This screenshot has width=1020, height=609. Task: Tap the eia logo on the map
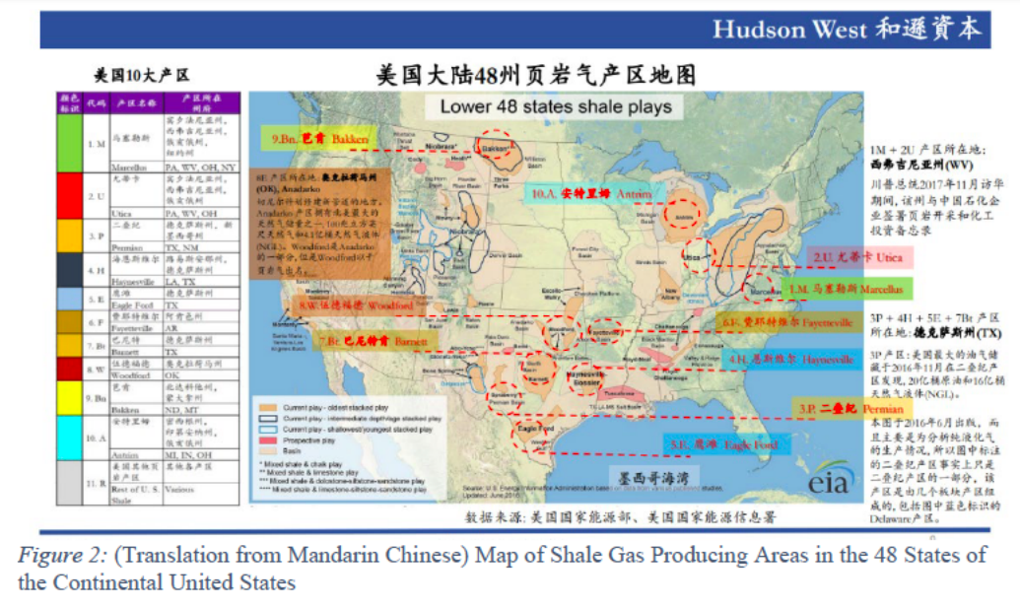[x=825, y=484]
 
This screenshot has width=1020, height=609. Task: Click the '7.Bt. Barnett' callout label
[x=374, y=341]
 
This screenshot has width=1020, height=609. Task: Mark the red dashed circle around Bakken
[x=496, y=146]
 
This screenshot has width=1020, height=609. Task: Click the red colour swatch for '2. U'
[x=69, y=197]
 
